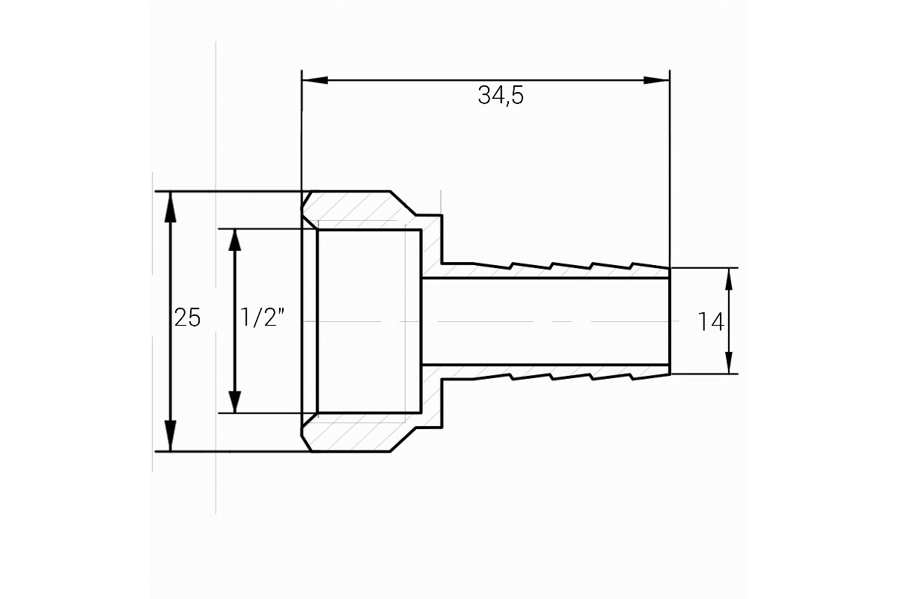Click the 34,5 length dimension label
pos(501,96)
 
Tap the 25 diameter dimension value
pos(187,318)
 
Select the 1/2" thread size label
pos(262,317)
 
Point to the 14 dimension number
pos(711,322)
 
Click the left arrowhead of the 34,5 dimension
pos(315,80)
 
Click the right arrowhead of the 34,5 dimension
pos(657,80)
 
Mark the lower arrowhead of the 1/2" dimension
pos(234,401)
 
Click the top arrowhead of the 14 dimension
pos(729,279)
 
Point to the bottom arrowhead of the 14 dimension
pos(729,362)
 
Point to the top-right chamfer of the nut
pos(403,203)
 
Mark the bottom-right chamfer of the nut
pos(403,440)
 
